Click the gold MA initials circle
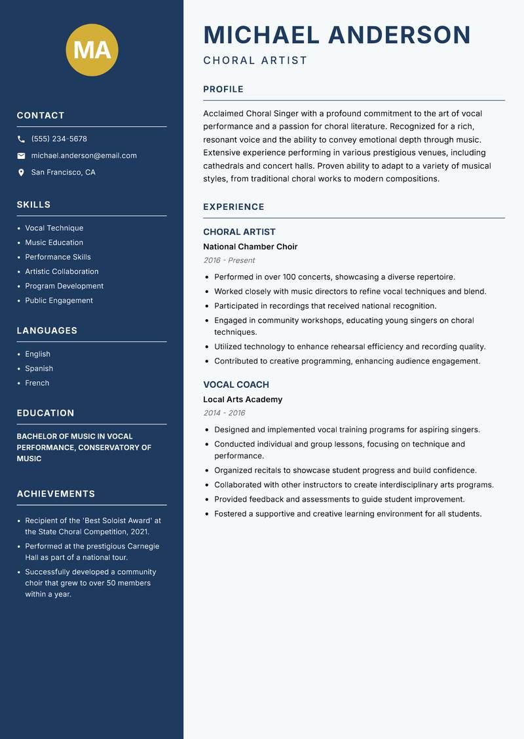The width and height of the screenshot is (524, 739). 92,50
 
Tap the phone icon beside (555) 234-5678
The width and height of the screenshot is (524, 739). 22,139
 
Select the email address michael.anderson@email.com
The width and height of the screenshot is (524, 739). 84,156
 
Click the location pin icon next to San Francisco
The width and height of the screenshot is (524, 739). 22,173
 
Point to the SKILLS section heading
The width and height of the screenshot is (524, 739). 33,205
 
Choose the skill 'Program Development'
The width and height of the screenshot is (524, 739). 64,286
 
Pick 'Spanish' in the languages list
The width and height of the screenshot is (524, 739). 39,368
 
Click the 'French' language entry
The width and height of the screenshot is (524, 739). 37,383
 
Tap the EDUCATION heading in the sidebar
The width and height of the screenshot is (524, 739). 45,413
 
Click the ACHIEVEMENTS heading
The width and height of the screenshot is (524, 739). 56,494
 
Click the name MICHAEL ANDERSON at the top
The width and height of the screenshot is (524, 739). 337,35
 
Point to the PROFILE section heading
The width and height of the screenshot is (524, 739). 223,90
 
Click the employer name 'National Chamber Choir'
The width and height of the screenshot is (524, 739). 250,247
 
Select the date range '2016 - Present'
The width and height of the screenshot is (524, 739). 229,260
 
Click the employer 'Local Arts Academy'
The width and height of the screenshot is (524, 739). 242,400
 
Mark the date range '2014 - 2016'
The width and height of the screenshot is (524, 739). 224,413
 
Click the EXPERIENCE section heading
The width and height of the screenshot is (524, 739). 234,207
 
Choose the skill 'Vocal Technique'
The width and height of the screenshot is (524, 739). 54,228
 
